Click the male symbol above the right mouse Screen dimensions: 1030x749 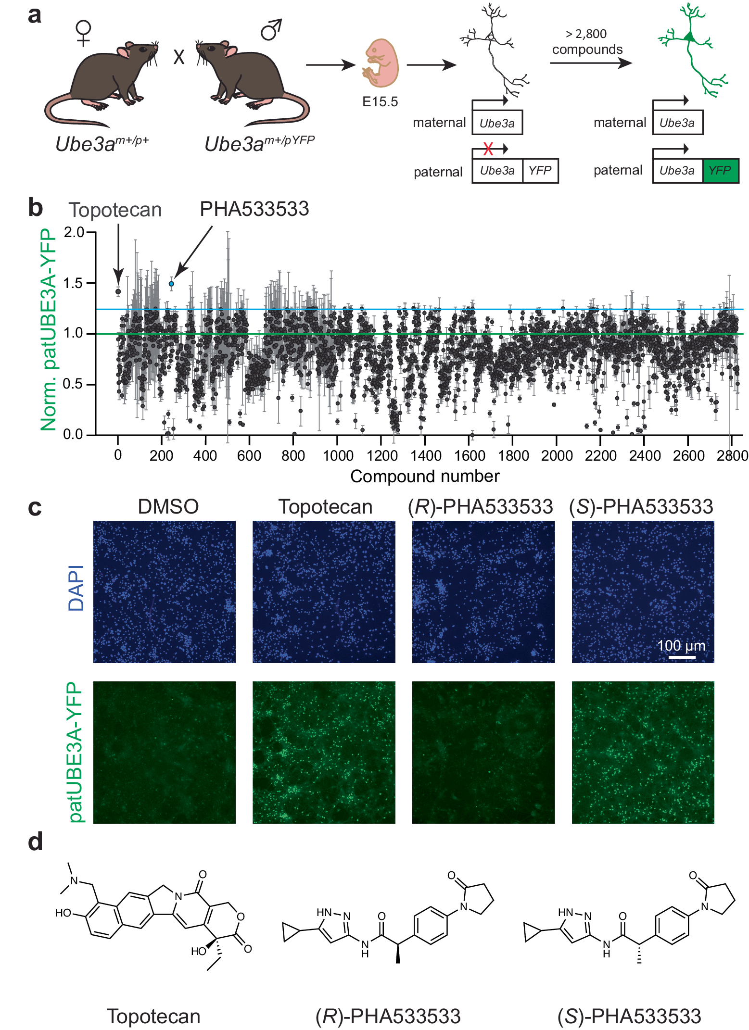point(271,30)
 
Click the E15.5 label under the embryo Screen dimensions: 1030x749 point(380,102)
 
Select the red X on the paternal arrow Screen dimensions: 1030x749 point(488,149)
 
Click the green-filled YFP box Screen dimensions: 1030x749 point(720,171)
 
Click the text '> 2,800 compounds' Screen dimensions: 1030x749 point(587,42)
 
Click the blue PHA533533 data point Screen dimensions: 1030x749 point(171,284)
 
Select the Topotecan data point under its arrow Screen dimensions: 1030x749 point(118,291)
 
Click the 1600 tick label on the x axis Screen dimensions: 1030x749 point(470,455)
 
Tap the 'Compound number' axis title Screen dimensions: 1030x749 point(425,476)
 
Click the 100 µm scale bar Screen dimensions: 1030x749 point(682,657)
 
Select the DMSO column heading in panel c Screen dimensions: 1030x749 point(168,507)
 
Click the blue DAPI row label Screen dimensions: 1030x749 point(76,588)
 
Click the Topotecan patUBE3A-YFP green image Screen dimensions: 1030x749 point(324,752)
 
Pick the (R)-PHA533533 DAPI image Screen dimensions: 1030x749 point(483,591)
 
